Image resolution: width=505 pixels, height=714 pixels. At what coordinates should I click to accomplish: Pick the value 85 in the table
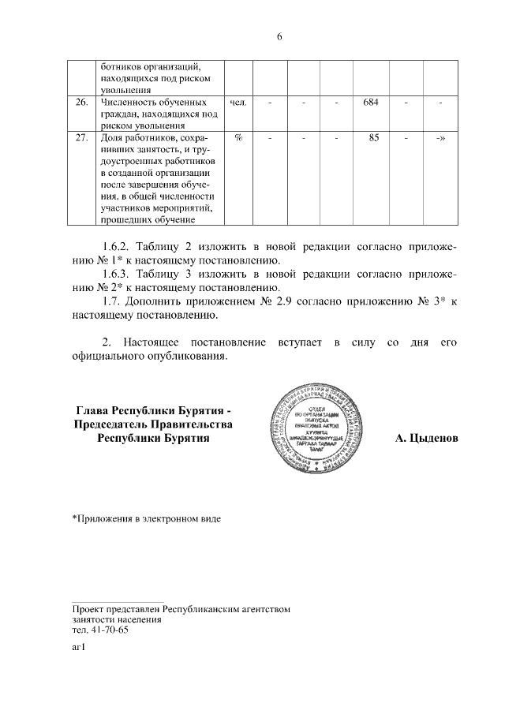pyautogui.click(x=373, y=138)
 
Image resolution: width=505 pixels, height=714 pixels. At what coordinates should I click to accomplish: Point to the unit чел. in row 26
pyautogui.click(x=238, y=103)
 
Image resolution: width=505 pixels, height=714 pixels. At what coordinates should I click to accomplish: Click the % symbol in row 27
pyautogui.click(x=238, y=138)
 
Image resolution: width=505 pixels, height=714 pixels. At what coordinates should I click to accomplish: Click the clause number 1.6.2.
pyautogui.click(x=120, y=247)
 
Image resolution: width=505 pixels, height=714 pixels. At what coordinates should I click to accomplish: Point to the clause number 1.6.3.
pyautogui.click(x=120, y=275)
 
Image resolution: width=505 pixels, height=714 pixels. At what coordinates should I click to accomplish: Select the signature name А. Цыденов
pyautogui.click(x=426, y=437)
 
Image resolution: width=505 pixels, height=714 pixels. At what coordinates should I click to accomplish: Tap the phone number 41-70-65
pyautogui.click(x=110, y=630)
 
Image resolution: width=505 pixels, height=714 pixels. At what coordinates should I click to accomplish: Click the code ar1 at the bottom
pyautogui.click(x=78, y=649)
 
